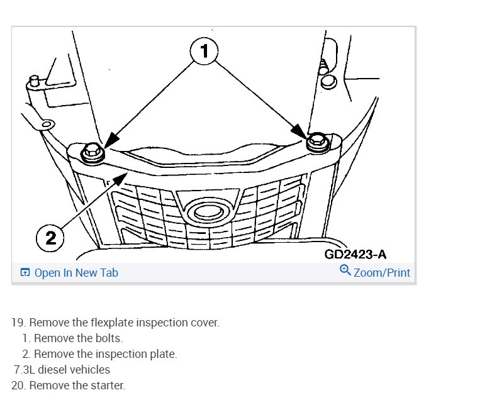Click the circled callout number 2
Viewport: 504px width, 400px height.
(50, 238)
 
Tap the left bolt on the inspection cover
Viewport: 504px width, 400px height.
(92, 151)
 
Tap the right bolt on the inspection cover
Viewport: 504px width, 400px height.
(316, 142)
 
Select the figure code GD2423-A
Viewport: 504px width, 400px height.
(355, 255)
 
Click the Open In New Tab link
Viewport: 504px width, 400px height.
(76, 273)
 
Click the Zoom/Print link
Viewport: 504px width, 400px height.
(382, 273)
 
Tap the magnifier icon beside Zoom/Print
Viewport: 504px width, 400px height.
(345, 270)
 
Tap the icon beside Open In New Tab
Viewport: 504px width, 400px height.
(25, 273)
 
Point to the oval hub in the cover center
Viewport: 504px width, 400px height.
(210, 212)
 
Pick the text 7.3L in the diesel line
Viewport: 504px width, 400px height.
(25, 370)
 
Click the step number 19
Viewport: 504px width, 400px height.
(18, 323)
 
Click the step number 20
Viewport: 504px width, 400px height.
(18, 386)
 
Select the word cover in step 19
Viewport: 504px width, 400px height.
(204, 323)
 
